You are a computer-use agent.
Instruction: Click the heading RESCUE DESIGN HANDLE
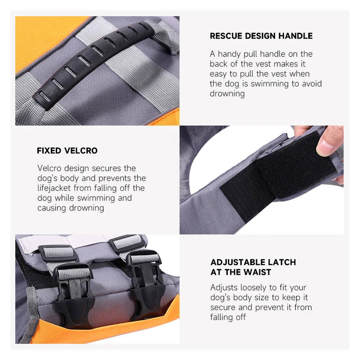(x=261, y=36)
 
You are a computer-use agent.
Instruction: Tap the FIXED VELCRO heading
(x=67, y=151)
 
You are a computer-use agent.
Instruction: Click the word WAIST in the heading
(x=257, y=272)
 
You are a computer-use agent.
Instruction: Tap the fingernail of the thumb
(x=326, y=147)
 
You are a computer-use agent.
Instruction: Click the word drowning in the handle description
(x=227, y=94)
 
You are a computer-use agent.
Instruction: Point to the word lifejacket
(x=54, y=188)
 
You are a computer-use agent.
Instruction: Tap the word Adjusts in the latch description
(x=224, y=288)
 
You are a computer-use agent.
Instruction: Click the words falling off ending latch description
(x=228, y=317)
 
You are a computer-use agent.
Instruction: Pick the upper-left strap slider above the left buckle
(x=58, y=252)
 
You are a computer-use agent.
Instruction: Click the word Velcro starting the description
(x=49, y=168)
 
